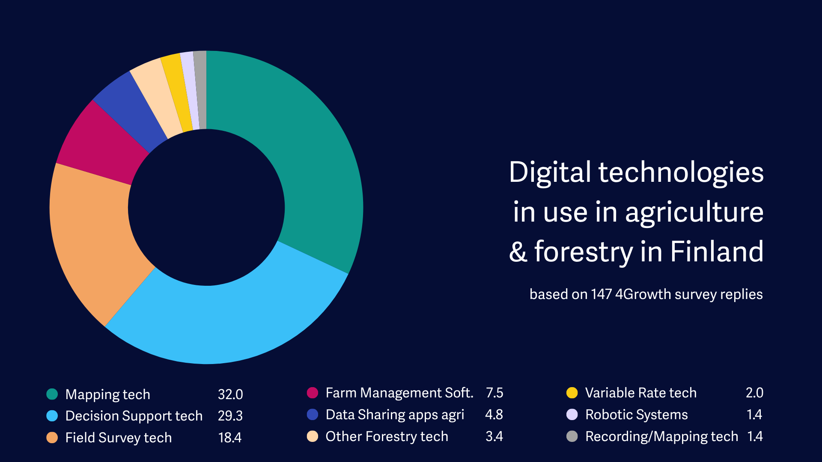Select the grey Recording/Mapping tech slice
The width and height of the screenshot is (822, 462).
[x=200, y=90]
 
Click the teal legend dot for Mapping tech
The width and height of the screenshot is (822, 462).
[x=52, y=394]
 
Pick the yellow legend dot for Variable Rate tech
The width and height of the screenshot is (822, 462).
[x=572, y=393]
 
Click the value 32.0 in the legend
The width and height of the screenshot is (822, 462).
[x=230, y=394]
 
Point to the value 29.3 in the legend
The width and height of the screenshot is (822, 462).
[x=230, y=416]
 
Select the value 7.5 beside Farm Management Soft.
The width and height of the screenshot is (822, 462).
[x=494, y=393]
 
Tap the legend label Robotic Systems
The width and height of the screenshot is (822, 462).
[x=636, y=415]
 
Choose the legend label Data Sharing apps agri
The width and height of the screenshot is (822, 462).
[x=395, y=415]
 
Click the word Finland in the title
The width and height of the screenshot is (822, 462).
[x=717, y=251]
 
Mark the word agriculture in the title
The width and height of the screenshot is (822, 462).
[x=694, y=212]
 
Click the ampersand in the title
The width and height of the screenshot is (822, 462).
[x=518, y=252]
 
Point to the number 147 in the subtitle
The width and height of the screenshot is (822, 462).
[x=601, y=294]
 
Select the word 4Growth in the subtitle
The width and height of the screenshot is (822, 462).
[x=643, y=294]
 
